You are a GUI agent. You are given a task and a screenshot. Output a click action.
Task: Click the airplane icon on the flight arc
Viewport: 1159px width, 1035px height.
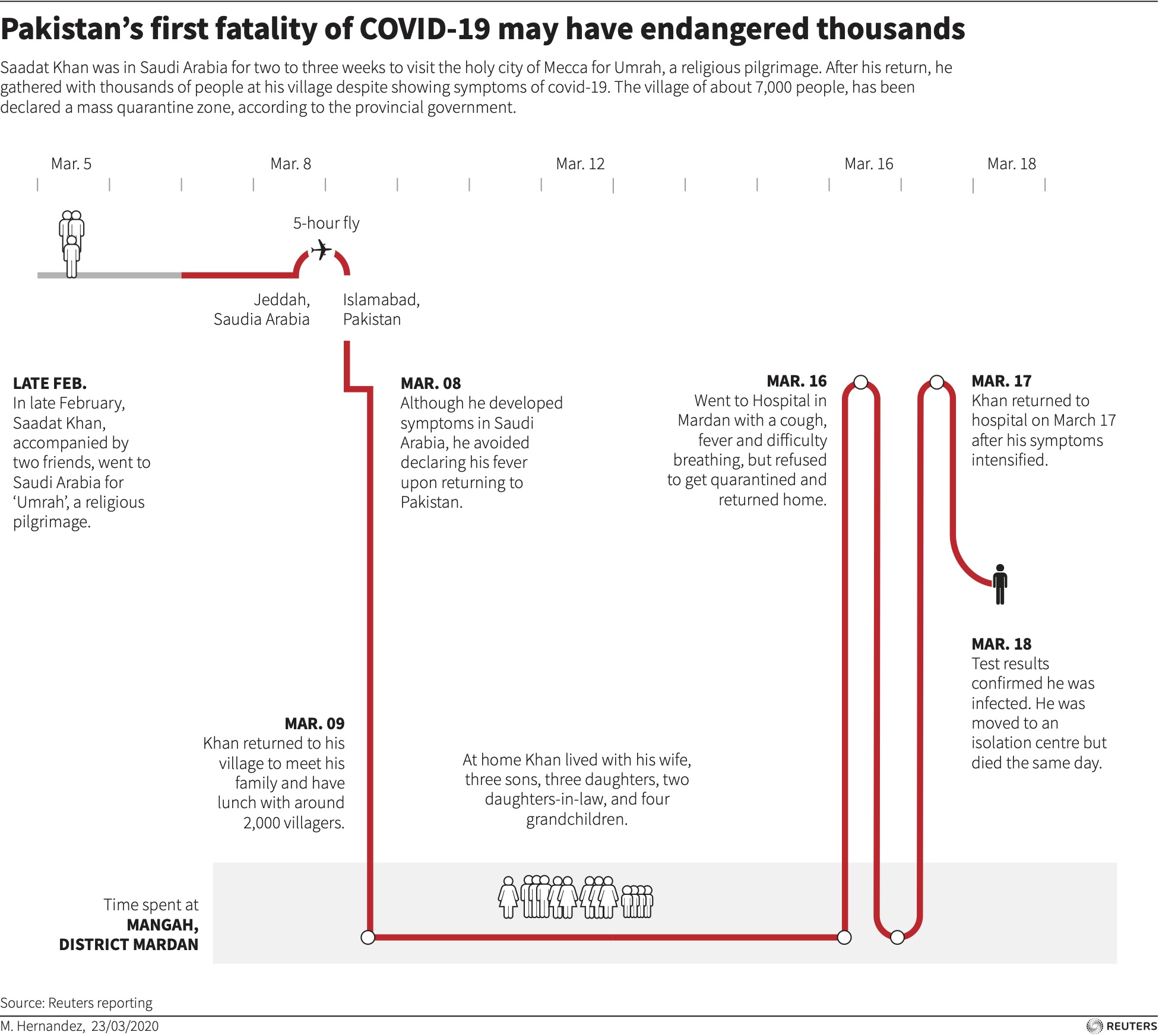click(321, 250)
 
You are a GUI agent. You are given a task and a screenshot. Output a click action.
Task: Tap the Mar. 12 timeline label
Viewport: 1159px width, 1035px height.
click(579, 164)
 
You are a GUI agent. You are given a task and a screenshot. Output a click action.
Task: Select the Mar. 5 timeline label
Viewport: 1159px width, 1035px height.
click(71, 164)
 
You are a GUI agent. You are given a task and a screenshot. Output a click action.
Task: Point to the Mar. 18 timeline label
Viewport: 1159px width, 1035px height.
click(1011, 164)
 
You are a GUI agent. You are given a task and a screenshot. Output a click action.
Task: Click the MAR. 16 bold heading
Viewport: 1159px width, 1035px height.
click(796, 381)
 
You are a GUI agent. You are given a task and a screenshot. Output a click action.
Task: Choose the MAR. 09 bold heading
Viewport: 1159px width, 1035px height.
click(314, 723)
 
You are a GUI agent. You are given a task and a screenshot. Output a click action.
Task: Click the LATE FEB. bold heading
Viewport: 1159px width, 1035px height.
click(50, 383)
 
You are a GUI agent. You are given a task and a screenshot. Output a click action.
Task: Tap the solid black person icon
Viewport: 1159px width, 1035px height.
click(1000, 584)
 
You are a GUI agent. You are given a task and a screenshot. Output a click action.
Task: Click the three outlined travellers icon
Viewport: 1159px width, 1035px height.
click(72, 243)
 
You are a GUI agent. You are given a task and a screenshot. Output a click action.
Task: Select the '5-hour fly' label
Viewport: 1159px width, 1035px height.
click(326, 223)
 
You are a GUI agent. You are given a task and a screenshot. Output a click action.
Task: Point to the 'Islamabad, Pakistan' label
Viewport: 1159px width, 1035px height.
click(381, 309)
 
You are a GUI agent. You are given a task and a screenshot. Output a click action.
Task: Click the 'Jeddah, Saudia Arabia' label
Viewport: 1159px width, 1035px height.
click(262, 309)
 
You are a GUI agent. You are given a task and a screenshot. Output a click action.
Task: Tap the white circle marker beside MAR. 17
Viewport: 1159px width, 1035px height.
click(936, 382)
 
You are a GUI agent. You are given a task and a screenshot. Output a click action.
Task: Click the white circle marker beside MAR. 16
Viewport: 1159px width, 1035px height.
click(860, 382)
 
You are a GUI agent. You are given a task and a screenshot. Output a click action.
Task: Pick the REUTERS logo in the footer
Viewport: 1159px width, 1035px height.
click(1122, 1025)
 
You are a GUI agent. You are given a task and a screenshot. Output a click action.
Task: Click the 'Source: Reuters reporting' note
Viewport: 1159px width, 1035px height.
click(76, 1003)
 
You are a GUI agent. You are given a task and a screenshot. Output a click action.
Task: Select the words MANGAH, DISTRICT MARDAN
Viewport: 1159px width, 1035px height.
click(129, 935)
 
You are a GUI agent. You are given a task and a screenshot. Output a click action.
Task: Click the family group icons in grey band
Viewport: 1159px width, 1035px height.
click(575, 897)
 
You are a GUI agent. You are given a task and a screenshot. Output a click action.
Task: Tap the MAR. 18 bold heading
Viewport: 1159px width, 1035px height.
click(1001, 644)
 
